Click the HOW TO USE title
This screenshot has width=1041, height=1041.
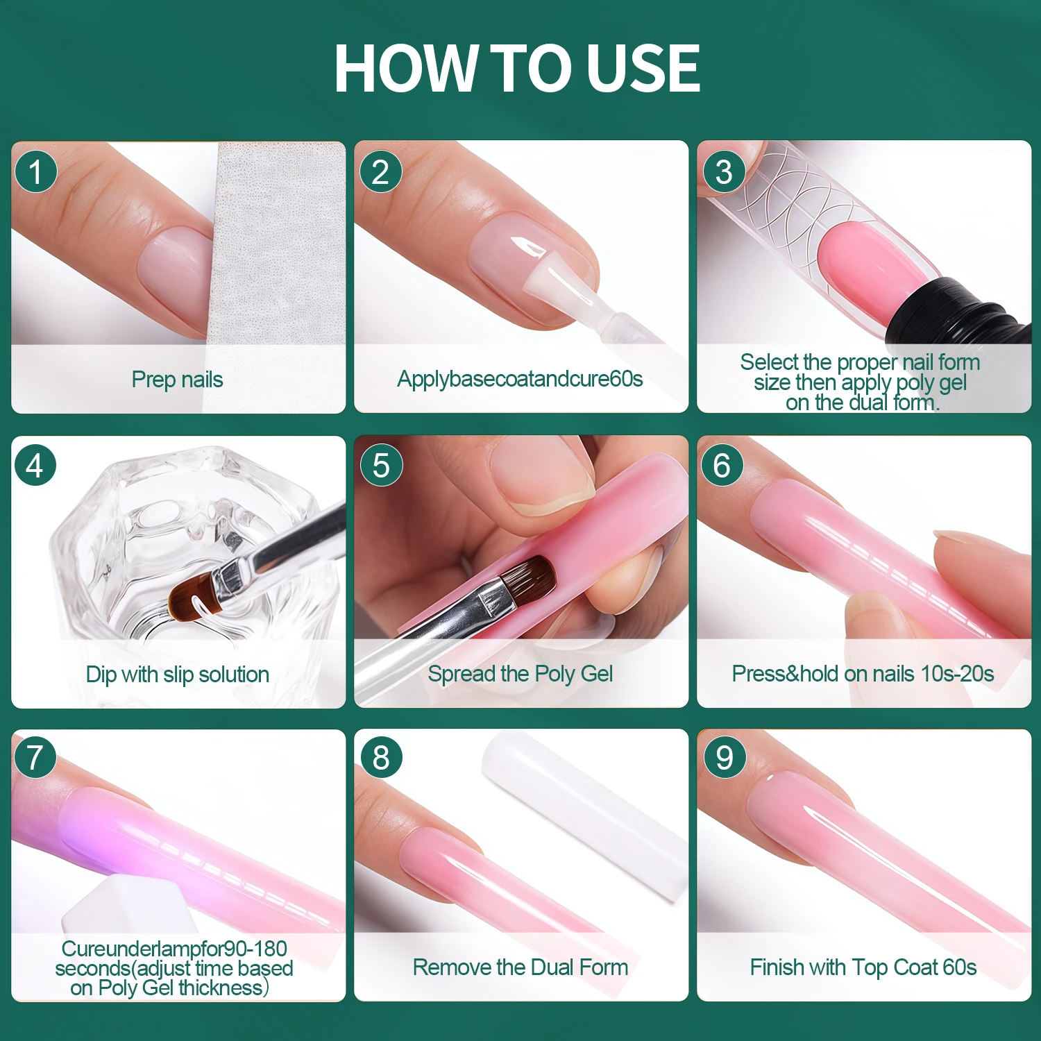pos(517,68)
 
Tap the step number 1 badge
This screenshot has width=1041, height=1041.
pos(35,171)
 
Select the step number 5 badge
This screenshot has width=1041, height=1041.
pos(381,465)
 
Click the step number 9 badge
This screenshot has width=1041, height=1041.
pos(724,758)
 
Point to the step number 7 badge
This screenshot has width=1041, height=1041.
pos(35,758)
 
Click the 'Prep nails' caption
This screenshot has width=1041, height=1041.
pos(177,380)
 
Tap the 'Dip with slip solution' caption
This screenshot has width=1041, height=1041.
pos(177,674)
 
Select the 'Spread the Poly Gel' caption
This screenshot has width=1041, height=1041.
pos(520,674)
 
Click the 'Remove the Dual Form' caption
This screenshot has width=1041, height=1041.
pos(520,967)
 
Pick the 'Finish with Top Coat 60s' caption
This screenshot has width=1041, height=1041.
pos(863,967)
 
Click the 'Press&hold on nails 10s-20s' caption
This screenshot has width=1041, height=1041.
pos(863,673)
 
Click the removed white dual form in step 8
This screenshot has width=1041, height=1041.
pos(583,812)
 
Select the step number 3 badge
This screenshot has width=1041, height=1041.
pos(724,171)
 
